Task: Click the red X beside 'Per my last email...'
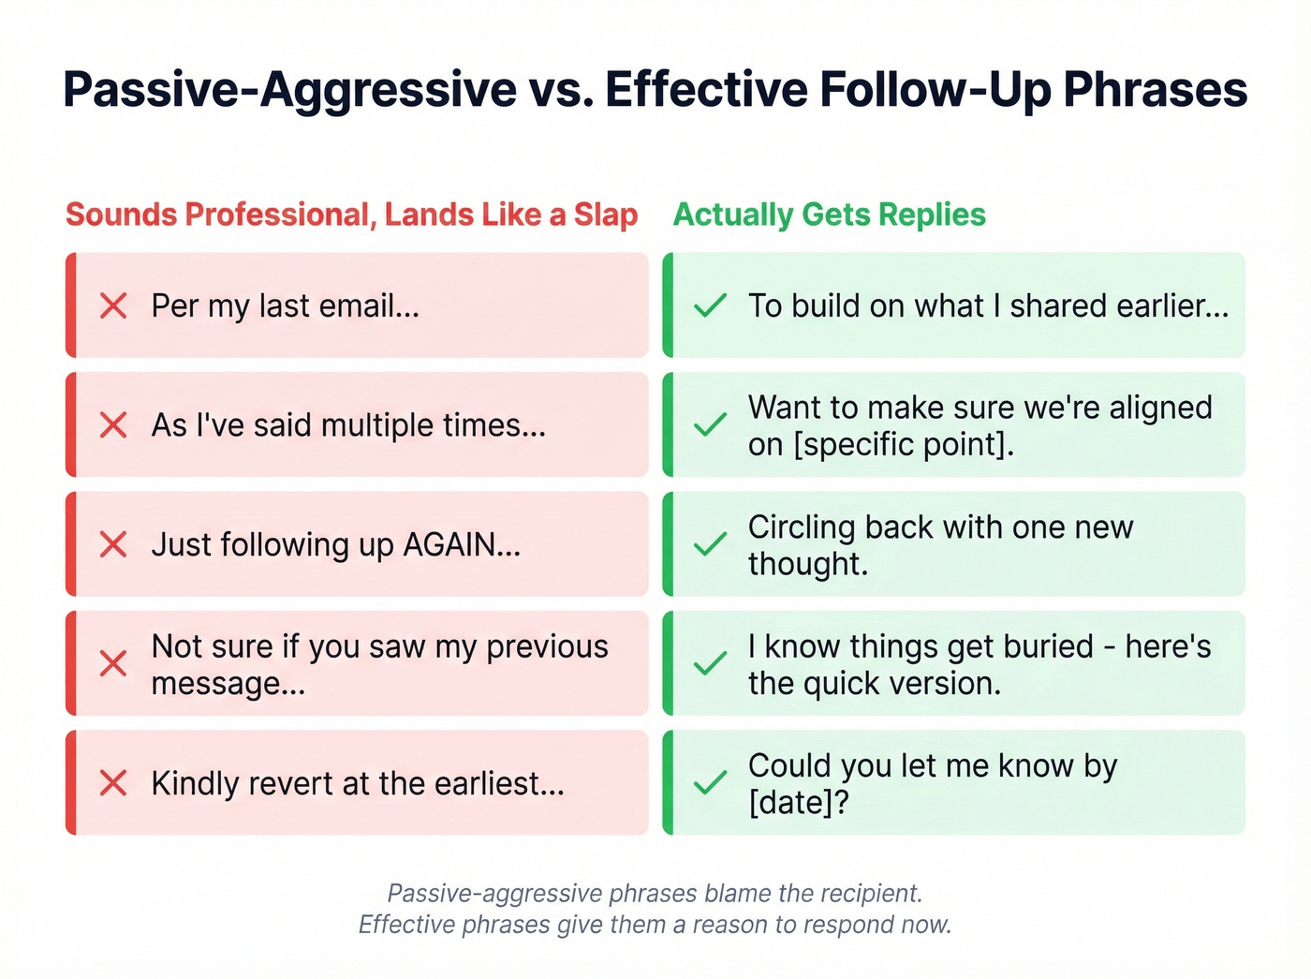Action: (113, 305)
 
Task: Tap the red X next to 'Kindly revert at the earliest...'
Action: (113, 783)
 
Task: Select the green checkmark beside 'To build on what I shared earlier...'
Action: (711, 305)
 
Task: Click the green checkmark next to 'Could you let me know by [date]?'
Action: (711, 783)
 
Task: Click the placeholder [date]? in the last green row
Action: (798, 802)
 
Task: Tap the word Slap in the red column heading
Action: (605, 215)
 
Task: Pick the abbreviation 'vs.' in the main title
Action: (561, 90)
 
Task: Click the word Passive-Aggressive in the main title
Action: (289, 90)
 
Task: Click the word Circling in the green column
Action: (802, 527)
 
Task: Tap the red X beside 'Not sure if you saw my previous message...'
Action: (113, 664)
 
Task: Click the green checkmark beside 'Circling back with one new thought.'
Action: (711, 544)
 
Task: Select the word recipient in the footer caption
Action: (862, 893)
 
